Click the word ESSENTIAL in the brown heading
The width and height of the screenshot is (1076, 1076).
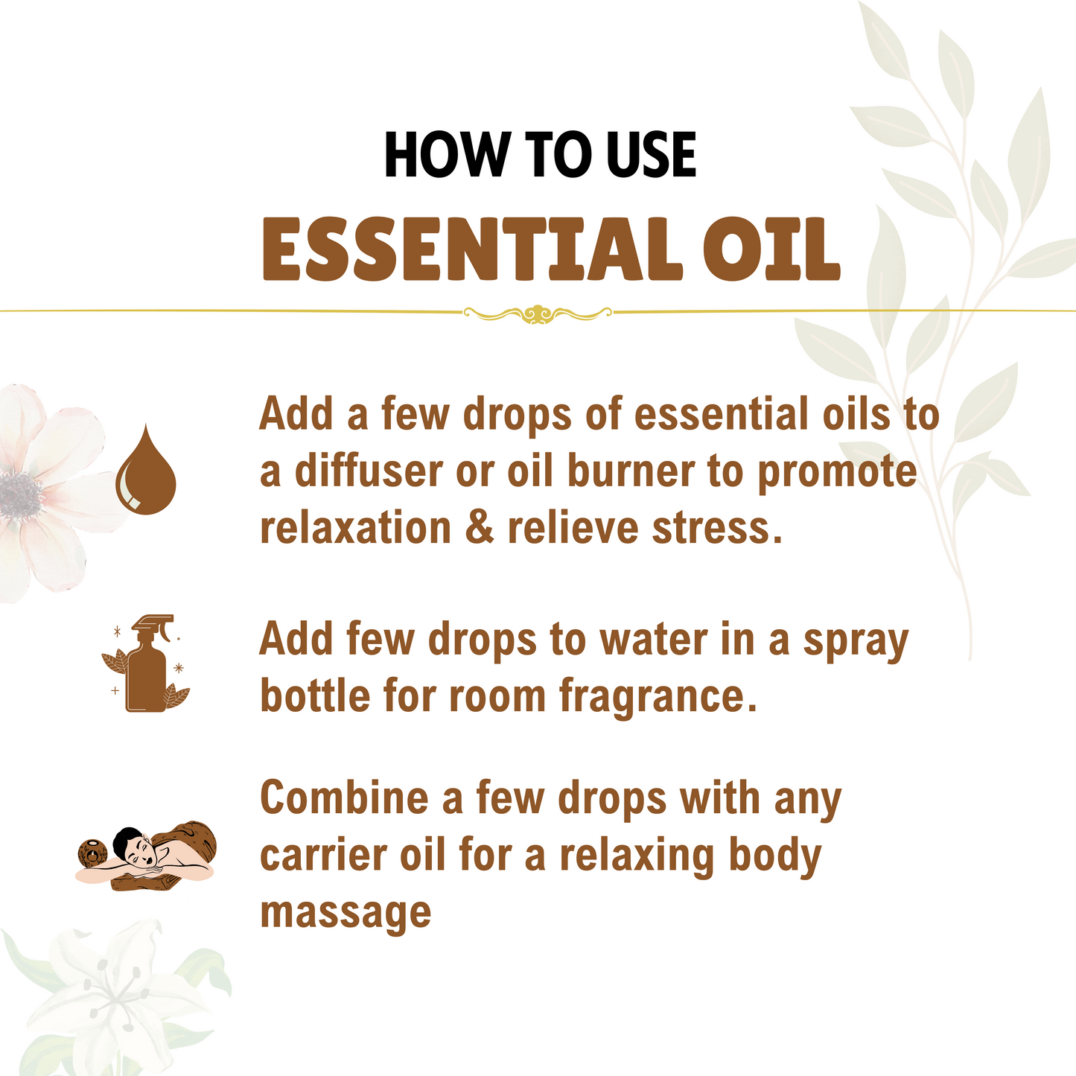(x=472, y=249)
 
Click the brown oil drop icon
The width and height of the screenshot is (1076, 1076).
(x=146, y=471)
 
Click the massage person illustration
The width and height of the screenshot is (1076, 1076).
(x=147, y=856)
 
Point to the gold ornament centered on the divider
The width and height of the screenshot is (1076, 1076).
(x=538, y=313)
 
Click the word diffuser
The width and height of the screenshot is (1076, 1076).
(x=369, y=472)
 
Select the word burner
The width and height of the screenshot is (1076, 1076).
(x=632, y=472)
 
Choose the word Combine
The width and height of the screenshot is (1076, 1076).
(x=346, y=798)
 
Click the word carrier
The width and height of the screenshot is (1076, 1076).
(x=324, y=855)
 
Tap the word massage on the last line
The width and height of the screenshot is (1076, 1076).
(x=346, y=912)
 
